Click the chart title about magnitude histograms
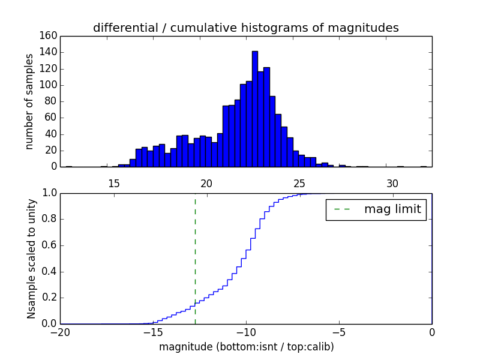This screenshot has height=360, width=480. point(245,28)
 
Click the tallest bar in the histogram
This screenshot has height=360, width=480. point(254,108)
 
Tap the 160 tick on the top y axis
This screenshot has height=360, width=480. point(50,36)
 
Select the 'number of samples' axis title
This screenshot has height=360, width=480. point(29,101)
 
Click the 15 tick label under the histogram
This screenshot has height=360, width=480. point(113,184)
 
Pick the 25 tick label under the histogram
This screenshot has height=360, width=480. point(299,184)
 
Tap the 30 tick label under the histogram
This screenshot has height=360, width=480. point(392,184)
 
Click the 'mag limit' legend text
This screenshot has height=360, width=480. point(392,209)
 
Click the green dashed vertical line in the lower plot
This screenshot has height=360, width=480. point(195,258)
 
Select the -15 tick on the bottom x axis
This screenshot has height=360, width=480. point(152,332)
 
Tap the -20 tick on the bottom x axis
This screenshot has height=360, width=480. point(60,332)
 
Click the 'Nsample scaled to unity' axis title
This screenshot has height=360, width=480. point(32,258)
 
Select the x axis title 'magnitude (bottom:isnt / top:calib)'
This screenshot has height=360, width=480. point(246,347)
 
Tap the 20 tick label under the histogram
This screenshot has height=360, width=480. point(206,184)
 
